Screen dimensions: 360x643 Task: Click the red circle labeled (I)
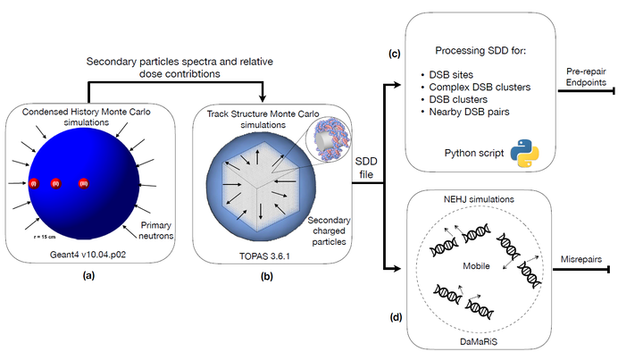coord(34,184)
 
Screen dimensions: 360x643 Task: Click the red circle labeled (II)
coord(55,184)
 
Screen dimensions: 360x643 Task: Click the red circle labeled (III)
coord(83,184)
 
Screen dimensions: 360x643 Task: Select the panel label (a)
coord(87,276)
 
